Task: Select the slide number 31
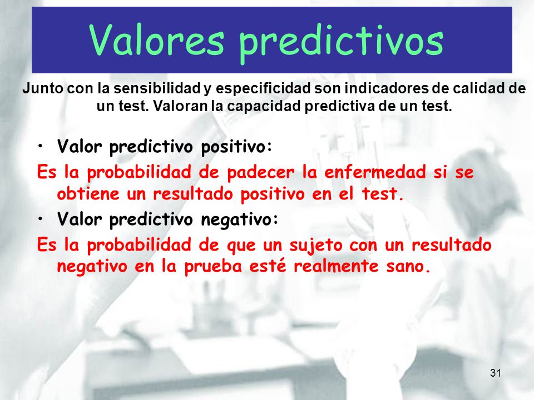(x=496, y=373)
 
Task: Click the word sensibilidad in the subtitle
(x=157, y=88)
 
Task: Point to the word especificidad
(x=263, y=89)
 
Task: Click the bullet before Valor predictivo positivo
(x=41, y=147)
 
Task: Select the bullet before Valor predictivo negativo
(x=41, y=219)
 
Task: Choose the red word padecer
(x=260, y=172)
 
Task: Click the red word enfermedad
(x=375, y=172)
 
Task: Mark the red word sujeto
(x=316, y=246)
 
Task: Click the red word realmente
(x=336, y=266)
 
